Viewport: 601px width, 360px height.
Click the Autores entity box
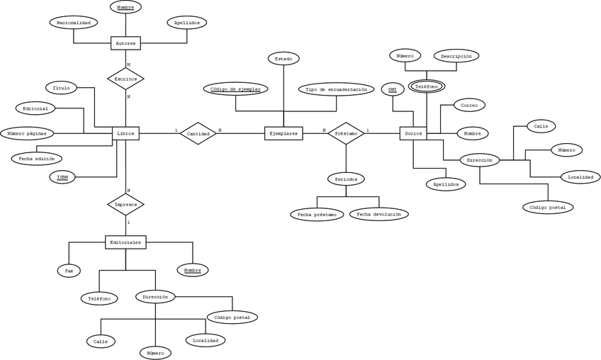[125, 43]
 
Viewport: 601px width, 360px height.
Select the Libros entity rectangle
[125, 133]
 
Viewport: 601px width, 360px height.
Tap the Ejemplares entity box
[283, 133]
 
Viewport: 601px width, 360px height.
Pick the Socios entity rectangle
[413, 133]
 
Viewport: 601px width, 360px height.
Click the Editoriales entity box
[125, 242]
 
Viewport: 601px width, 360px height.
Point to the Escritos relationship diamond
[125, 78]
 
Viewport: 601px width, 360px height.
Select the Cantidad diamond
[198, 133]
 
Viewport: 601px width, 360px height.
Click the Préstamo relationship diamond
[346, 133]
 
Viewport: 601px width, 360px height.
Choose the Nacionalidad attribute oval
[73, 23]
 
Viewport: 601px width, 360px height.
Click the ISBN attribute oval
[62, 176]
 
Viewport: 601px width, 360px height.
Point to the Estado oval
[283, 58]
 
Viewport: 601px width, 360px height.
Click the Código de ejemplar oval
[236, 89]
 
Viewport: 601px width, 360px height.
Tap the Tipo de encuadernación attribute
[336, 89]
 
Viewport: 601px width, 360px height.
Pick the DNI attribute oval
[392, 89]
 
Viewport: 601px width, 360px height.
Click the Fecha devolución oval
[378, 213]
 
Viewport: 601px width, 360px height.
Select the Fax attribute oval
[69, 270]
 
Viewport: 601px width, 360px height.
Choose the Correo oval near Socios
[468, 105]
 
